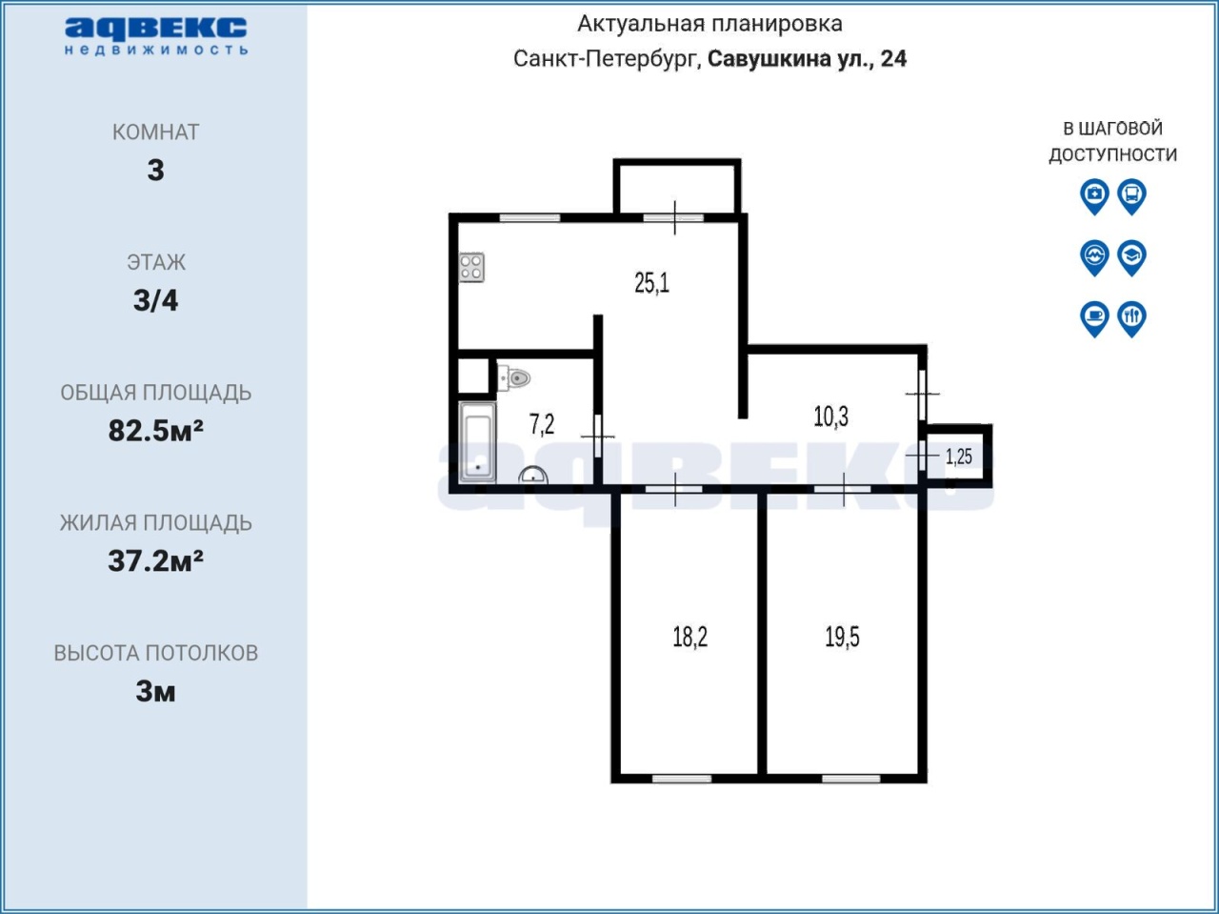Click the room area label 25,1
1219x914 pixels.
(651, 283)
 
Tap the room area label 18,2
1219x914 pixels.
(689, 637)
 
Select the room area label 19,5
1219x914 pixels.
(842, 637)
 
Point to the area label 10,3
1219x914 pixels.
(830, 416)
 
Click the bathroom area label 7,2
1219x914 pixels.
(542, 424)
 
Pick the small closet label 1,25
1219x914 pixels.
(959, 457)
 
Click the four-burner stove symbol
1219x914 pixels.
(471, 267)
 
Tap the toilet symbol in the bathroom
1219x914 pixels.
(513, 378)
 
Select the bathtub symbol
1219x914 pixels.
(478, 442)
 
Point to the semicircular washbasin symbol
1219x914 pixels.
(533, 476)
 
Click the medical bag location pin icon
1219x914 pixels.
(1094, 196)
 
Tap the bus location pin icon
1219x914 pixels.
(1131, 196)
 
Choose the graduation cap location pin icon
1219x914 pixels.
(1131, 258)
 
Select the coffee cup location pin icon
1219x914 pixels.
(1094, 319)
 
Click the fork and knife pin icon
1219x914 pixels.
(1131, 319)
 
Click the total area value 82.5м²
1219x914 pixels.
(155, 431)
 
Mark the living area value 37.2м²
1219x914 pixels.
(155, 561)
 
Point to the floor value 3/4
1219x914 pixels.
(155, 300)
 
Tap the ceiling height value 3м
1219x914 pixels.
(155, 692)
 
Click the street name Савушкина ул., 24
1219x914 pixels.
(807, 58)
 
